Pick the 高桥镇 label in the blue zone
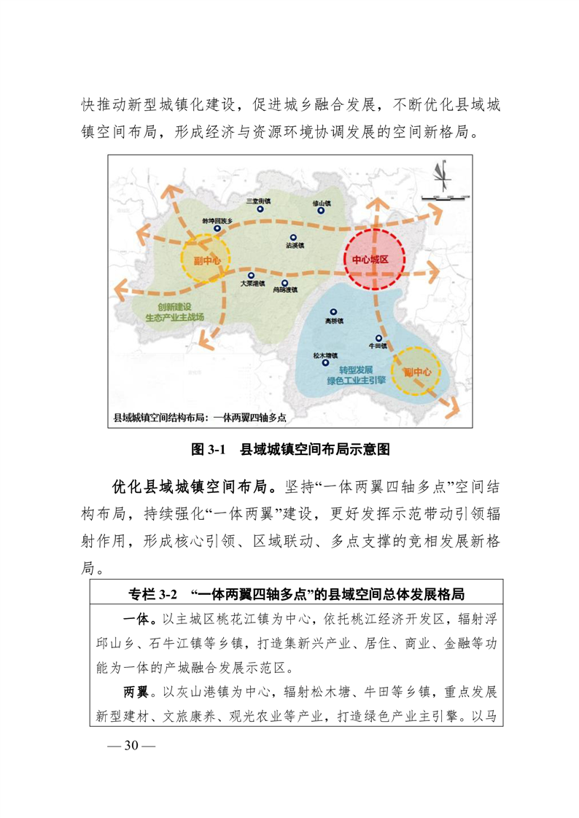333,321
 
